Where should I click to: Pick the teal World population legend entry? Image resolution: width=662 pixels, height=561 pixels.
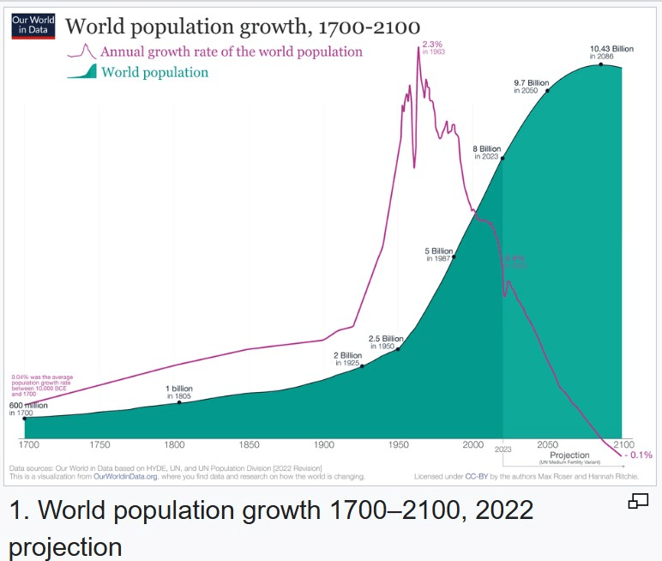coord(154,73)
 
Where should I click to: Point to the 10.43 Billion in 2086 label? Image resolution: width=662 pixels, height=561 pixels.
coord(611,52)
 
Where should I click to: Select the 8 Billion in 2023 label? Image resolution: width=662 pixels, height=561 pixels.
coord(487,152)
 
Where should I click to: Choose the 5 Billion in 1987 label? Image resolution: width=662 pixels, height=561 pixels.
coord(439,255)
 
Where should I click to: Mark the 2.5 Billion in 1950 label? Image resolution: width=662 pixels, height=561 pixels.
coord(386,341)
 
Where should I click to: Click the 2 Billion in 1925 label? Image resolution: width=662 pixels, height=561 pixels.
coord(347,359)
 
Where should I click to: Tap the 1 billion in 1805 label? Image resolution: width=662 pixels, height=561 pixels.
coord(179,392)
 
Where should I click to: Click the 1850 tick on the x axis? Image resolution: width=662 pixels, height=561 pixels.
coord(249,445)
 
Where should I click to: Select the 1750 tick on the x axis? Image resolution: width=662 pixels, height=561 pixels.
coord(99,445)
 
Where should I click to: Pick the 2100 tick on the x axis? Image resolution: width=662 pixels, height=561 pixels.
coord(623,445)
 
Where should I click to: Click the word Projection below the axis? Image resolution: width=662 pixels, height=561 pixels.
coord(569,455)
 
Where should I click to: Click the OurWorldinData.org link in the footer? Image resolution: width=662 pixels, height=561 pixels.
coord(127,476)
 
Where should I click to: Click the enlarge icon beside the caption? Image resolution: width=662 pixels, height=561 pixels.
coord(638,502)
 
